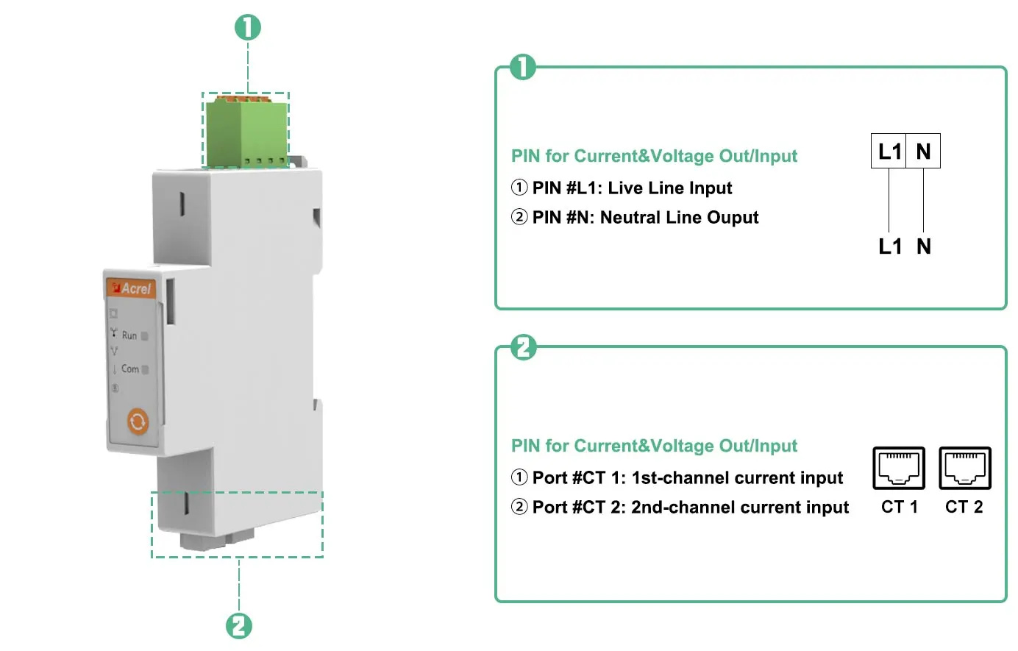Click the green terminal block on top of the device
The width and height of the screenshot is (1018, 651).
[246, 132]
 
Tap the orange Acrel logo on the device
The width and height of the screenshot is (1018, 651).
[132, 288]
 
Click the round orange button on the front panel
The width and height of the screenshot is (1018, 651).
[138, 421]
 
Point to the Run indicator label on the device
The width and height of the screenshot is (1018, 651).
[129, 335]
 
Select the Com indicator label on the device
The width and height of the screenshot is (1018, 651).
[130, 369]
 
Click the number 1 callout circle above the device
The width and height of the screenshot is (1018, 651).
[248, 27]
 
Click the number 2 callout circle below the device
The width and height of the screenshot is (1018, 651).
[238, 626]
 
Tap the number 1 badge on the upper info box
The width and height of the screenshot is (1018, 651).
[523, 67]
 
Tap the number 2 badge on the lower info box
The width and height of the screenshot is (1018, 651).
[523, 346]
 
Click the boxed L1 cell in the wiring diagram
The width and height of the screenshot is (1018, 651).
[889, 152]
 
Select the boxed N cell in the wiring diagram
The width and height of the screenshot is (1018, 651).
[923, 152]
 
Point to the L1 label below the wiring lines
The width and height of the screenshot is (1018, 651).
[889, 246]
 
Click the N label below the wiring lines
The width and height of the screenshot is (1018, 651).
[924, 246]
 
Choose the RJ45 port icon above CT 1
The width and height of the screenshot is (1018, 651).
[898, 468]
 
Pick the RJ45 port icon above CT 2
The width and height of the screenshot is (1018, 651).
[964, 468]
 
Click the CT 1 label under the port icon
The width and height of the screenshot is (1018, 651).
[899, 507]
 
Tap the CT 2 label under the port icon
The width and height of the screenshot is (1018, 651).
[964, 507]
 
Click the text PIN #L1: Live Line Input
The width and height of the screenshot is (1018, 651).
[631, 188]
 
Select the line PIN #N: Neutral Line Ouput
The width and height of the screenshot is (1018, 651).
[644, 218]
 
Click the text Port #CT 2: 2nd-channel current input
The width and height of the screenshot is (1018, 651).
[690, 508]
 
